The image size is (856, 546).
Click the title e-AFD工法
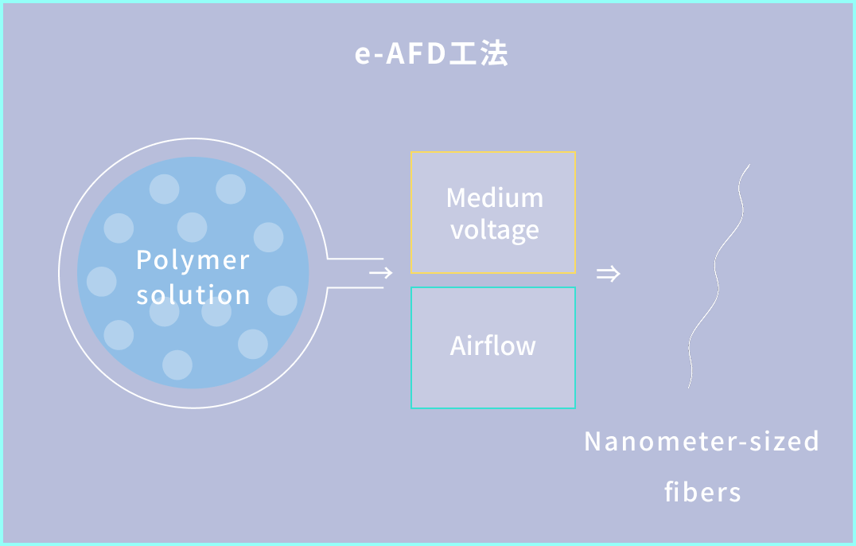pos(430,54)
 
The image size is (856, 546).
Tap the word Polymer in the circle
pos(193,260)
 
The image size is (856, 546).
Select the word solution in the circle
pos(193,294)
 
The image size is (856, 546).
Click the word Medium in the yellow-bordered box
pos(494,197)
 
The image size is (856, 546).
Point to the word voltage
pos(494,230)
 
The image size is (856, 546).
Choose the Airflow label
pos(492,345)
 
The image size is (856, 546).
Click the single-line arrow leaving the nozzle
pos(381,273)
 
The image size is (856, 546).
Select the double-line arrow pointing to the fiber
pos(608,274)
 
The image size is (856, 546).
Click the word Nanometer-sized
pos(702,441)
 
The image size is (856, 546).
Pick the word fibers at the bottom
pos(702,492)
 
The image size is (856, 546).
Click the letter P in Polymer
pos(143,260)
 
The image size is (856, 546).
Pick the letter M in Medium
pos(456,197)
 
